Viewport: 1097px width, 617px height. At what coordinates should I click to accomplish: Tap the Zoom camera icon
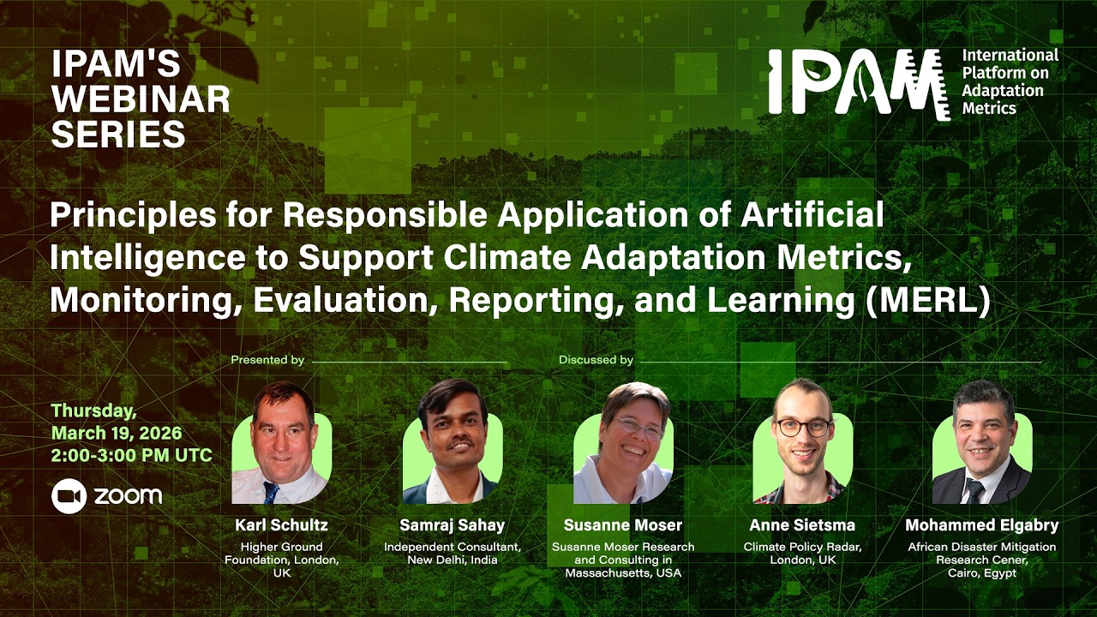[69, 496]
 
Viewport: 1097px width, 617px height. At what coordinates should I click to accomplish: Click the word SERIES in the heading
[118, 135]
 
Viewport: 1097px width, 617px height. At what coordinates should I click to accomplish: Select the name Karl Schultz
[281, 524]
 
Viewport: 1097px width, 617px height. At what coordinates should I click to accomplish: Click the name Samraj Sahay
[452, 524]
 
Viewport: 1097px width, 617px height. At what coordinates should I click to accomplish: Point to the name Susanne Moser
[623, 524]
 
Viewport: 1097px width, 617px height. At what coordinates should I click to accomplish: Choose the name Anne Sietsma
[802, 524]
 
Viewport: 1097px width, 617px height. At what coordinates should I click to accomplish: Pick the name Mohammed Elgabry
[981, 524]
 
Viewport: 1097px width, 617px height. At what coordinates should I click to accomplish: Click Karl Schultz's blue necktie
[272, 492]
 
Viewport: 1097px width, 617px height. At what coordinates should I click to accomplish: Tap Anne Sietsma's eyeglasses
[803, 427]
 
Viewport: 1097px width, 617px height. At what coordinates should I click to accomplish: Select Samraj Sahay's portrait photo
[452, 444]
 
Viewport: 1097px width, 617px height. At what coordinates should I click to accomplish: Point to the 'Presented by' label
[267, 360]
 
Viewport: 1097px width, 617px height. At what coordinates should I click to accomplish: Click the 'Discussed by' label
[596, 360]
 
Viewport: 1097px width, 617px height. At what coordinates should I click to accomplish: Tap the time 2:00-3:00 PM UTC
[131, 455]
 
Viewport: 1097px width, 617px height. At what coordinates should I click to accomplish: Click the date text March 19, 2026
[117, 433]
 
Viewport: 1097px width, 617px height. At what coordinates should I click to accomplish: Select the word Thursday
[93, 410]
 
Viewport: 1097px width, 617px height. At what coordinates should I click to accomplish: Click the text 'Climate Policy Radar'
[802, 547]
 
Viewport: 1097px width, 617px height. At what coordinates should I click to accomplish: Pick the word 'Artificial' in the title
[816, 215]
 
